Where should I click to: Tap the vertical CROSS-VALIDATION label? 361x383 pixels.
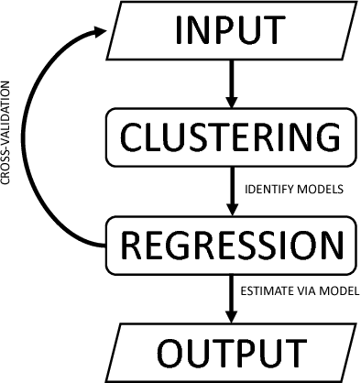(8, 137)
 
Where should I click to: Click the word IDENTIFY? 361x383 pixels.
(265, 190)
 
